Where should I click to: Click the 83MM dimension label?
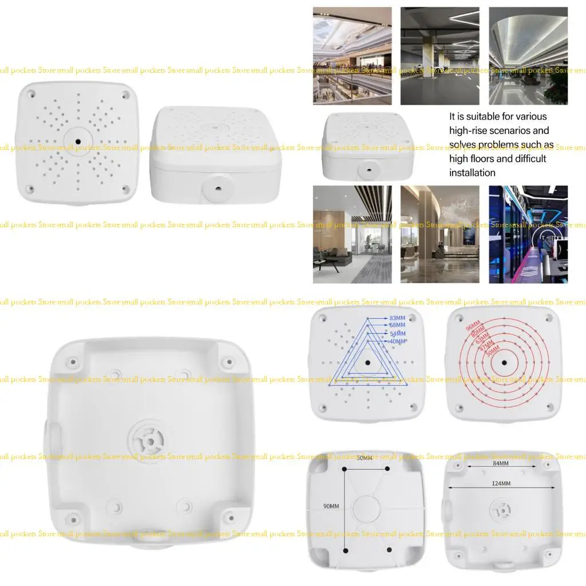click(397, 318)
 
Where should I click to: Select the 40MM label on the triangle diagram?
click(397, 342)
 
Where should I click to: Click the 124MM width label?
click(501, 484)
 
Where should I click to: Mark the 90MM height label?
click(331, 506)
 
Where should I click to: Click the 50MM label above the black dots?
click(364, 458)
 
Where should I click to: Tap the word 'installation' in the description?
click(472, 173)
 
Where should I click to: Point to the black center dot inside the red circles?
click(504, 362)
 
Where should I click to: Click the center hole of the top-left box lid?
click(78, 140)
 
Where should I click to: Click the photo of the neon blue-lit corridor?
click(528, 234)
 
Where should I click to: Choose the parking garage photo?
click(439, 56)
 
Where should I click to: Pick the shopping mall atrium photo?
click(352, 56)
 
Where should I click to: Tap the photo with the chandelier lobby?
click(439, 234)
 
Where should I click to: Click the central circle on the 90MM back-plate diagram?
click(366, 508)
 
